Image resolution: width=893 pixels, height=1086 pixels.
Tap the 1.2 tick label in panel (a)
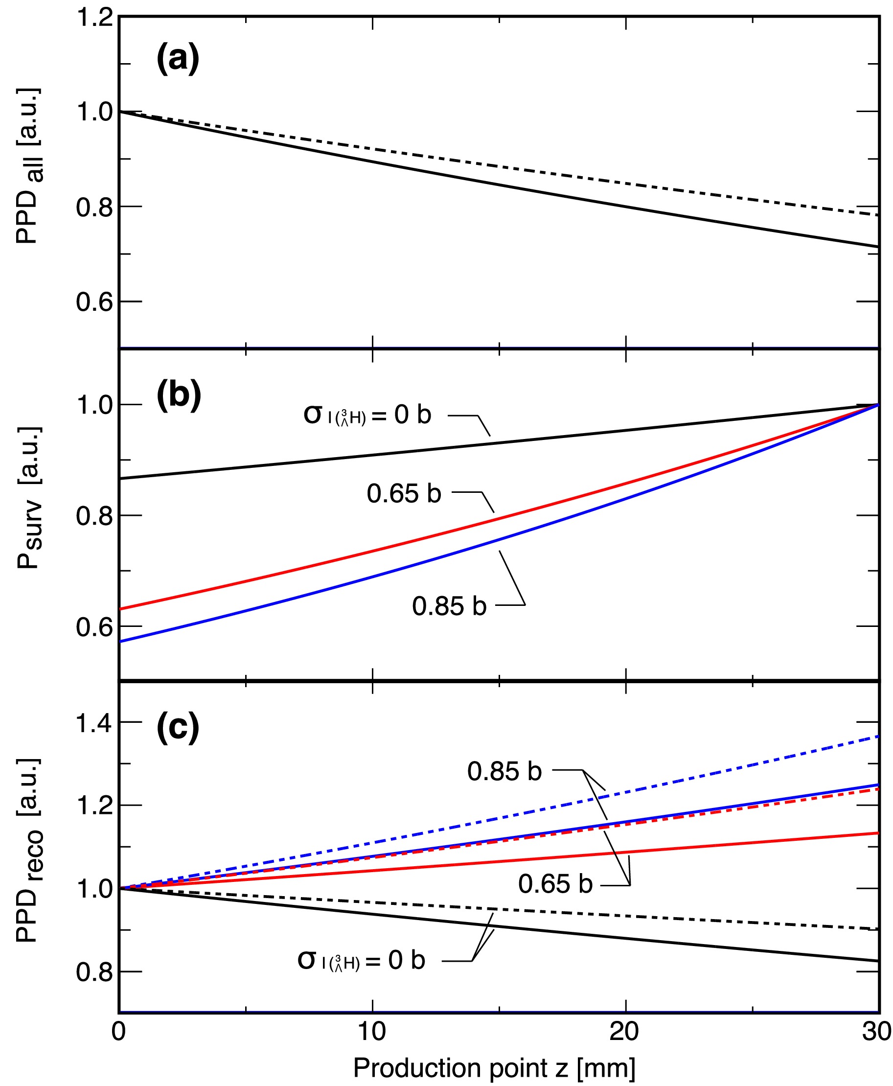pyautogui.click(x=94, y=18)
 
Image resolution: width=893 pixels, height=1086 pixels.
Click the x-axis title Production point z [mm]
pyautogui.click(x=494, y=1068)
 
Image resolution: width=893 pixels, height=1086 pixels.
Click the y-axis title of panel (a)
pyautogui.click(x=28, y=165)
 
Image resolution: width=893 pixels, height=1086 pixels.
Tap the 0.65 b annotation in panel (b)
pyautogui.click(x=404, y=493)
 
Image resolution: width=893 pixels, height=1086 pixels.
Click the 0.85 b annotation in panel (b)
pyautogui.click(x=449, y=605)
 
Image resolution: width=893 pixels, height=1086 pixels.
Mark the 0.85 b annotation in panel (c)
pyautogui.click(x=504, y=771)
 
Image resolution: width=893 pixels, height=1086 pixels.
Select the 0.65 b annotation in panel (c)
pyautogui.click(x=555, y=883)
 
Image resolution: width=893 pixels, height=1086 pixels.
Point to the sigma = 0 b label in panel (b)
pyautogui.click(x=367, y=415)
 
